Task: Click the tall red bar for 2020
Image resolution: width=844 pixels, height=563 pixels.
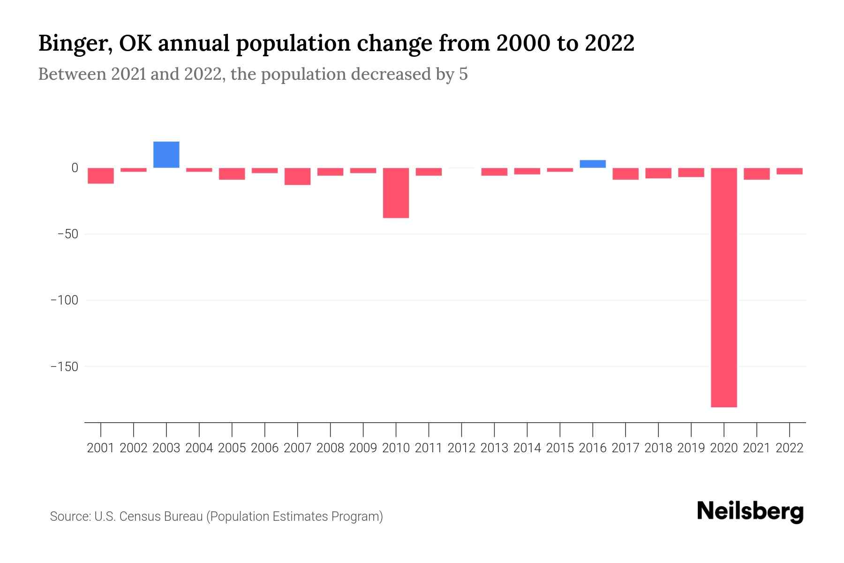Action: pos(723,287)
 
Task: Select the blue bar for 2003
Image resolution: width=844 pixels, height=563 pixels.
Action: pos(166,154)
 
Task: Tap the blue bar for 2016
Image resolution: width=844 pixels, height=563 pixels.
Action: pos(593,164)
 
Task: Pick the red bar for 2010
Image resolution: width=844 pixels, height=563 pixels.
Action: pos(396,193)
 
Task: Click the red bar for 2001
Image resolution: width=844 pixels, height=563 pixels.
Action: pos(101,175)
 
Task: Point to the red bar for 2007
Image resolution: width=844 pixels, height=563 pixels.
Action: pos(297,176)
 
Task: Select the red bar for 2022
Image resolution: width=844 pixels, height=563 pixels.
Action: pos(790,171)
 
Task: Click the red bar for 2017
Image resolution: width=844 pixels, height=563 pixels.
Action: pos(625,174)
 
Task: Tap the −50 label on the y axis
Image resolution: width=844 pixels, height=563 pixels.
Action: pos(67,234)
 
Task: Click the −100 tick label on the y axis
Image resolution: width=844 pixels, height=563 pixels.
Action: pos(64,300)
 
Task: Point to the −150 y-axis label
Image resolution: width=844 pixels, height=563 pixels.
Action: pos(64,366)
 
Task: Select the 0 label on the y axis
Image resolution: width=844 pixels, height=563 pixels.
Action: pos(75,167)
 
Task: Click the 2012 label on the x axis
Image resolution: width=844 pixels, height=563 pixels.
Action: pos(461,448)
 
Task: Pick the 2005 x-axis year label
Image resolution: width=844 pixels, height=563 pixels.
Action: pos(232,448)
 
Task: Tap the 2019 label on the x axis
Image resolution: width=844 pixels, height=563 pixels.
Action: pos(691,448)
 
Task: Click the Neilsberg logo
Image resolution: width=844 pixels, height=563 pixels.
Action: pos(750,511)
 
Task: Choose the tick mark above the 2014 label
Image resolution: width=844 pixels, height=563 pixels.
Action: pos(527,429)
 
